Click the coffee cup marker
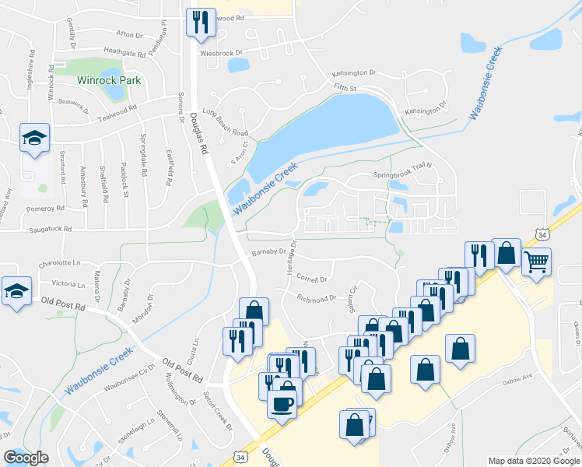282,404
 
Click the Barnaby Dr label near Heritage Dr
269,251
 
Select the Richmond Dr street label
316,297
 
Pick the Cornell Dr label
313,279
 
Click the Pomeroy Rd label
45,209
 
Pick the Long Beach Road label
224,122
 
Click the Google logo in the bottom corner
26,458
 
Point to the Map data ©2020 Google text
534,461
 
